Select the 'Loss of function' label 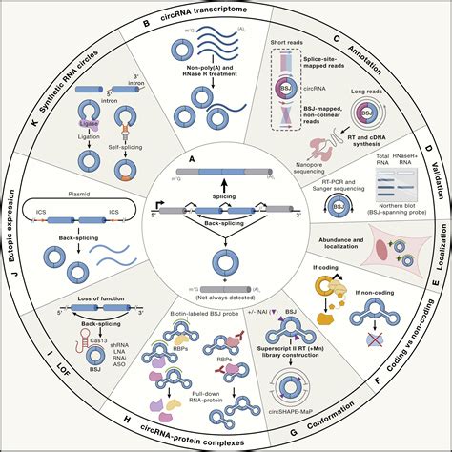point(101,312)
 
